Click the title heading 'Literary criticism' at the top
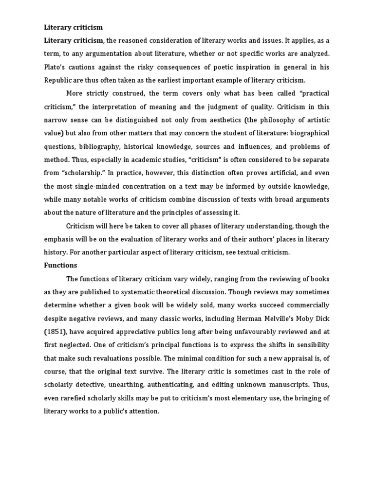(74, 27)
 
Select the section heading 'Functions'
(60, 266)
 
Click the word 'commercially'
(306, 305)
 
